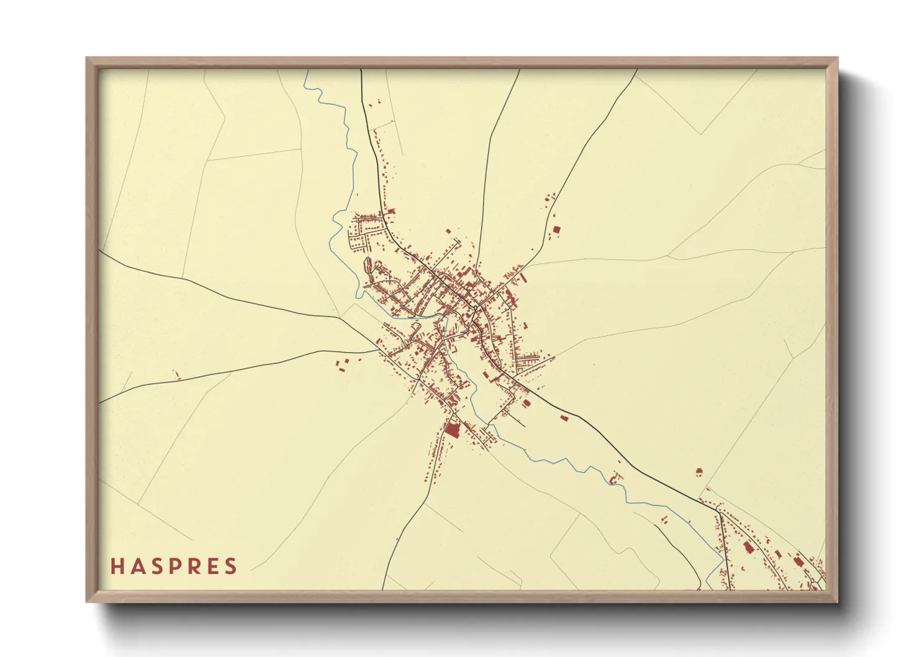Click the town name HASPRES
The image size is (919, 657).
tap(174, 566)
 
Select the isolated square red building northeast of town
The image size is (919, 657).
tap(556, 230)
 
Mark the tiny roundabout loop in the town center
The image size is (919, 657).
tap(474, 307)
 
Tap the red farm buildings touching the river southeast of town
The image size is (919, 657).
tap(615, 478)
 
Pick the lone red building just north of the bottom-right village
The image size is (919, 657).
tap(699, 472)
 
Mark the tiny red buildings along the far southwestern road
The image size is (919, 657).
tap(176, 374)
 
